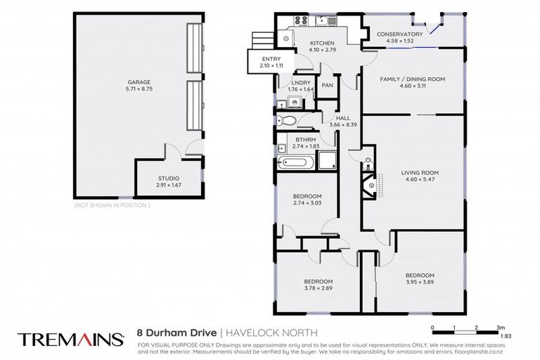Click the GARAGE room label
129,82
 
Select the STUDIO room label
168,179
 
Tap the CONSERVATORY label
399,34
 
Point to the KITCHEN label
323,44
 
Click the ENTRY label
271,59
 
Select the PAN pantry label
327,85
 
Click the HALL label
343,118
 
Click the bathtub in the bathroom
295,164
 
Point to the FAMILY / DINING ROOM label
413,79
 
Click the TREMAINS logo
71,339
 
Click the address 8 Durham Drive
177,333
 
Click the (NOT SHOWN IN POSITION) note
112,205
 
